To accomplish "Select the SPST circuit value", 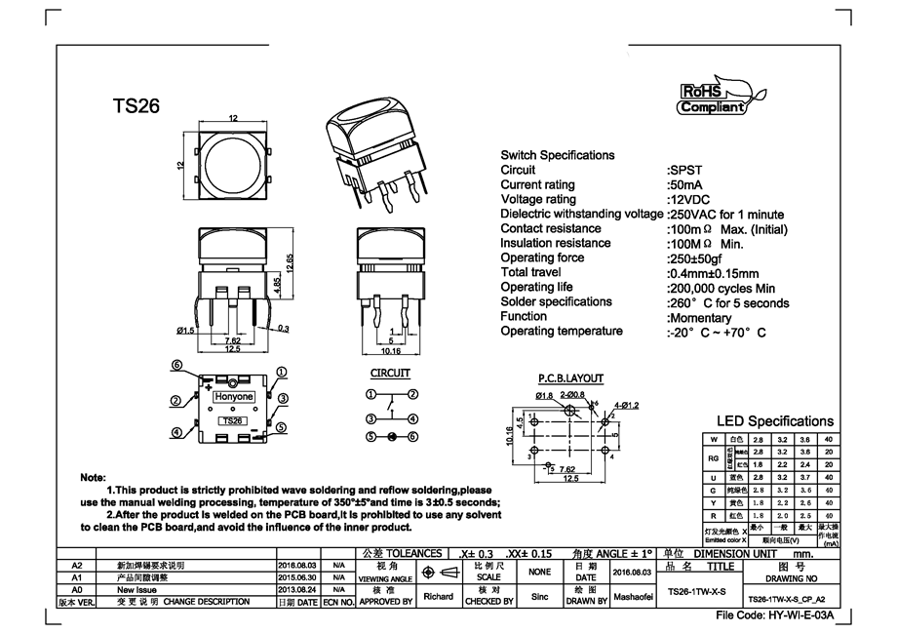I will [684, 170].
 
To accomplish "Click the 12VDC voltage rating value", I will [690, 199].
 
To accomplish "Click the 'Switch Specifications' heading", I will [557, 155].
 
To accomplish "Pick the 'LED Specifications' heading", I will [775, 421].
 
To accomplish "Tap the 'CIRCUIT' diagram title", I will [390, 374].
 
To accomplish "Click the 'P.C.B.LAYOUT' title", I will [570, 378].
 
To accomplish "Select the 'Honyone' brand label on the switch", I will [233, 397].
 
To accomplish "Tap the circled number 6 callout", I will [177, 366].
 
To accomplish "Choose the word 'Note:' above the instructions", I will [93, 477].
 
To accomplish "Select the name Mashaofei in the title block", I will [633, 595].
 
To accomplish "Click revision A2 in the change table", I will [79, 565].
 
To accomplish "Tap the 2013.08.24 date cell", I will [297, 590].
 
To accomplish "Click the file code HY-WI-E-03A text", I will [775, 616].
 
